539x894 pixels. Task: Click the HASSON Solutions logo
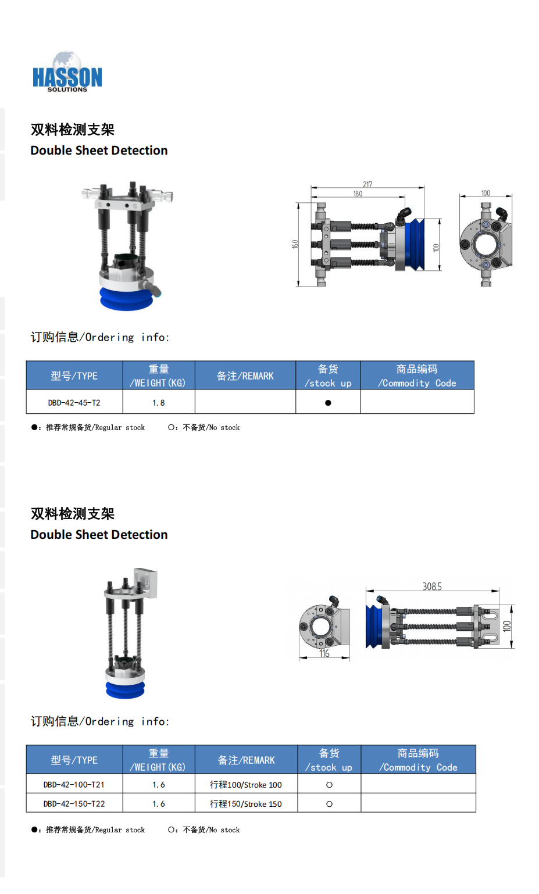(x=67, y=72)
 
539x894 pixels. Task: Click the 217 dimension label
(x=367, y=184)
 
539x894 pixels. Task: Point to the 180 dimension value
(x=358, y=194)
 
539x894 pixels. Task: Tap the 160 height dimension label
(x=295, y=244)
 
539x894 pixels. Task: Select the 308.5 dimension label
(x=432, y=587)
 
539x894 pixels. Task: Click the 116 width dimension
(x=324, y=653)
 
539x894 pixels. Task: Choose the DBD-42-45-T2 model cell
(x=74, y=403)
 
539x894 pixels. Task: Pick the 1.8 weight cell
(x=159, y=403)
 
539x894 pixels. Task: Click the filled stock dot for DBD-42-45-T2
(x=328, y=403)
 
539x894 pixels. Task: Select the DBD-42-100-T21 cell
(x=74, y=785)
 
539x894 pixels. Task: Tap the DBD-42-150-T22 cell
(x=74, y=804)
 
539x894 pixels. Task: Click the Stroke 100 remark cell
(x=246, y=785)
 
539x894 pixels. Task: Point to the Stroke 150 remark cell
(x=246, y=804)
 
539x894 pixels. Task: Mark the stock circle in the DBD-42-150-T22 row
(x=329, y=804)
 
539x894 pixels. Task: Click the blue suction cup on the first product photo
(x=126, y=299)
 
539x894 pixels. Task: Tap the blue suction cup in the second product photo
(x=125, y=689)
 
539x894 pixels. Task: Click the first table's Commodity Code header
(x=417, y=376)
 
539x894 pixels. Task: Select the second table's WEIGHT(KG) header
(x=159, y=760)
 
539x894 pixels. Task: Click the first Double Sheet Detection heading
(x=99, y=150)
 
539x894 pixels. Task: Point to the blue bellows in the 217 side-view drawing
(x=415, y=244)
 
